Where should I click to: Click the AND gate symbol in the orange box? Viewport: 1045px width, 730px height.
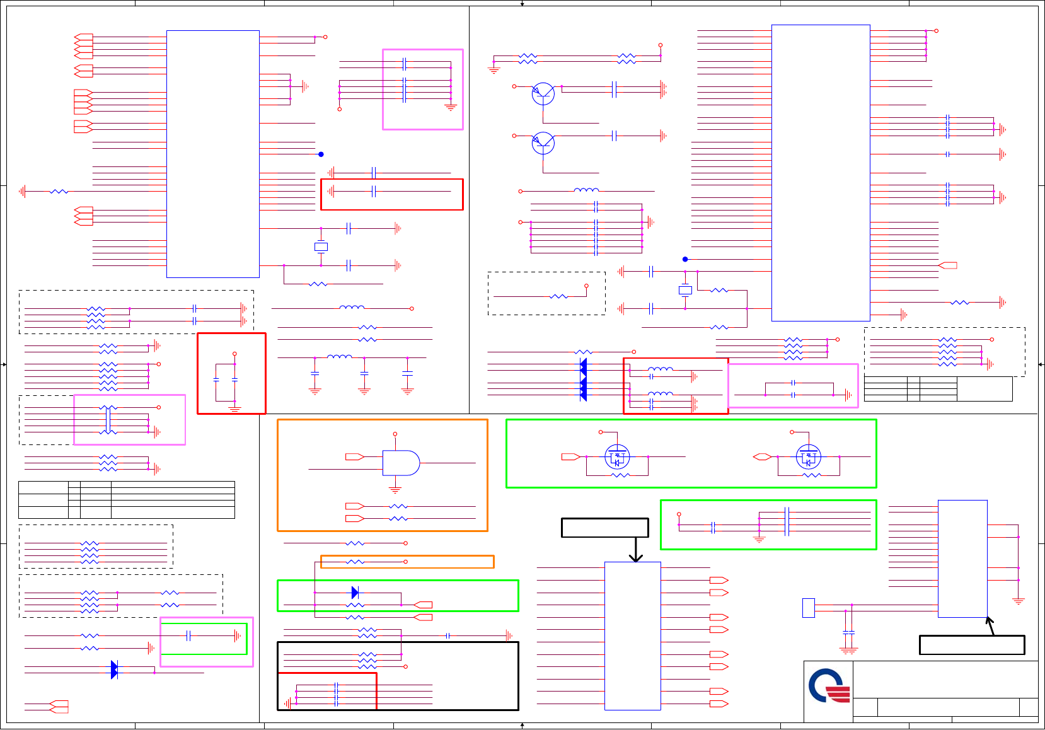point(401,463)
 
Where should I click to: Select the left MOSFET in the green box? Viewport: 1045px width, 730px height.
point(616,456)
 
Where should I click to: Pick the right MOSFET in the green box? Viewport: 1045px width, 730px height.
point(808,456)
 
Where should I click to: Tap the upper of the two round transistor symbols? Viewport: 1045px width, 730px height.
point(543,94)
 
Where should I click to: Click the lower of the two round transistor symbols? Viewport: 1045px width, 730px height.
point(543,143)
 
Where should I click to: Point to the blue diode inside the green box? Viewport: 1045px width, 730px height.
point(355,593)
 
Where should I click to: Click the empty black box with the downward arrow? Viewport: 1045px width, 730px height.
point(604,528)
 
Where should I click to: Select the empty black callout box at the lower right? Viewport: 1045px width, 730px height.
point(971,645)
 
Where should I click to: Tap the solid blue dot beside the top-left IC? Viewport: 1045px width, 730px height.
point(321,154)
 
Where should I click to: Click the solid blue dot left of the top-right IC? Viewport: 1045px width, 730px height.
point(685,259)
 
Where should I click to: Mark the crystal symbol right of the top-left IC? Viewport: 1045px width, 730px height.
point(321,246)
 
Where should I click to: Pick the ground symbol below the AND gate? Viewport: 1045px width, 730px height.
point(395,490)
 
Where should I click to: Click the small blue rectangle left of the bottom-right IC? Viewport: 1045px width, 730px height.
point(808,608)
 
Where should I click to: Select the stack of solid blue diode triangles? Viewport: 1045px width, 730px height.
point(583,379)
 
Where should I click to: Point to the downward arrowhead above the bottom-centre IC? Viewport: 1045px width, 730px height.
point(636,557)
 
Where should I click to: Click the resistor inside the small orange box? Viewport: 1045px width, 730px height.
point(355,562)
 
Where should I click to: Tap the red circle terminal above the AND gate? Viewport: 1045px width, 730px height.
point(395,434)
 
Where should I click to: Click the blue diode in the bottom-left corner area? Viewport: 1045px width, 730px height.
point(114,669)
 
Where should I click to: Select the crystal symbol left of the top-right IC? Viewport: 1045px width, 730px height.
point(685,290)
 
